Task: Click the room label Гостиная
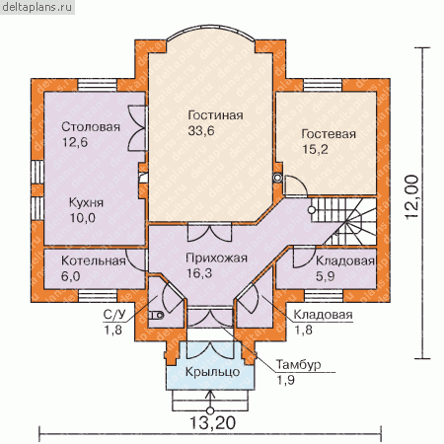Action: tap(215, 115)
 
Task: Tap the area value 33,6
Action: tap(201, 130)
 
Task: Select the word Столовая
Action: tap(91, 127)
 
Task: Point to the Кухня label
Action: tap(86, 202)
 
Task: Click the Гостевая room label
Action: tap(329, 134)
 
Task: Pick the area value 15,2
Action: tap(315, 149)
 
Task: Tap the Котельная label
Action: tap(94, 260)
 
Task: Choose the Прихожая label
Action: tap(216, 258)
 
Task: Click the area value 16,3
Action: tap(199, 273)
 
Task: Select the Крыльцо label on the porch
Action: tap(212, 372)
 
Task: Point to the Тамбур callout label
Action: tap(298, 365)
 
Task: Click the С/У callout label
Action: tap(114, 315)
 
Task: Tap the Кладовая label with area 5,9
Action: tap(345, 260)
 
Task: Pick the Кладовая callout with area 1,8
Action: tap(323, 315)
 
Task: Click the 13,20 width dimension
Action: tap(212, 422)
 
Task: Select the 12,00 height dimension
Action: tap(412, 197)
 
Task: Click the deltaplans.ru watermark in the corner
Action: tap(37, 7)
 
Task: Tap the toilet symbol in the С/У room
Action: tap(157, 316)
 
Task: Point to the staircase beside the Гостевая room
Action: tap(343, 221)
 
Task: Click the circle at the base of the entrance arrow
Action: tap(210, 410)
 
